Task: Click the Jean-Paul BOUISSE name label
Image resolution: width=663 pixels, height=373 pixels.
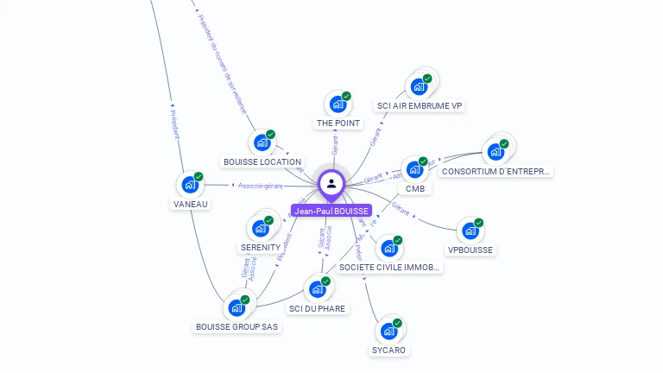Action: point(331,211)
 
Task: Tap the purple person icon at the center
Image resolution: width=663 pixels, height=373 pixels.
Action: point(331,183)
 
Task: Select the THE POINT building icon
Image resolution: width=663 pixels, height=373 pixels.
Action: point(338,104)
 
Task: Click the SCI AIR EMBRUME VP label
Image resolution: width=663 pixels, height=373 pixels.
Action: point(420,106)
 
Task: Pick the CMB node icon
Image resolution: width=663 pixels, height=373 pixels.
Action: point(414,169)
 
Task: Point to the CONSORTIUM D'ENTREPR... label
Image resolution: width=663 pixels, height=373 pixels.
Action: point(496,171)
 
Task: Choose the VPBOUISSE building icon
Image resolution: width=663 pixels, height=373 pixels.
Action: point(470,231)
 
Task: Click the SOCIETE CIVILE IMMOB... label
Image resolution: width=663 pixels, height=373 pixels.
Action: point(390,268)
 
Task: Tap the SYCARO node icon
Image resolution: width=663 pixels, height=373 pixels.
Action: point(388,332)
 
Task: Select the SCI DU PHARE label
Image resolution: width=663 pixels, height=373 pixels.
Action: point(317,308)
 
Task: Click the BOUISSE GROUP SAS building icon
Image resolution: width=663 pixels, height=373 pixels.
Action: point(237,307)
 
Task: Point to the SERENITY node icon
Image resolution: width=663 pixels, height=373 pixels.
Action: point(260,229)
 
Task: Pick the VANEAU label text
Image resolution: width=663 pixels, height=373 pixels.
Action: point(190,204)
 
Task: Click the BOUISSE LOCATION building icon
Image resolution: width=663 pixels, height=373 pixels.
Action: point(262,142)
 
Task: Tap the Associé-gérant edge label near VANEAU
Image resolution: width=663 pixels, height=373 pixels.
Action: point(261,185)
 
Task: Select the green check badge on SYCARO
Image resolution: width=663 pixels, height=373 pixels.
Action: point(397,323)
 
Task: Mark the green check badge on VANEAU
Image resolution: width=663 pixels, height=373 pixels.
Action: point(199,176)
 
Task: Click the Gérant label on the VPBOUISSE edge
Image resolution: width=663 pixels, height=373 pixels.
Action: point(401,207)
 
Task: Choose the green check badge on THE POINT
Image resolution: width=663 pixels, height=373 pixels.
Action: point(346,96)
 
